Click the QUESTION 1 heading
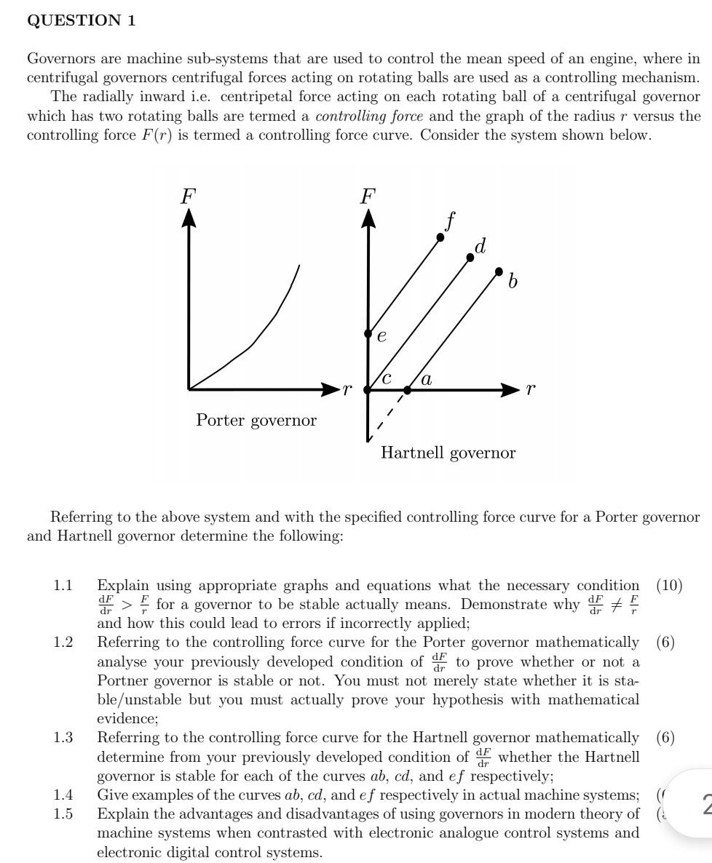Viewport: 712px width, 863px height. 81,20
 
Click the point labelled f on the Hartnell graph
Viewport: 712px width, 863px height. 440,237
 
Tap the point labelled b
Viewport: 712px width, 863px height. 499,271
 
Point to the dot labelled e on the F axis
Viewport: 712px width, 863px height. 368,333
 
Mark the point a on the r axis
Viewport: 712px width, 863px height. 408,390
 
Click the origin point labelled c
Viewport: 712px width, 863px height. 368,390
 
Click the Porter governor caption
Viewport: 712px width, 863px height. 256,421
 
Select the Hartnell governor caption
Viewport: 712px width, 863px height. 448,453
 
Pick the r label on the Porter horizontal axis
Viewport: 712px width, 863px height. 347,389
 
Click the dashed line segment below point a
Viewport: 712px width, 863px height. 387,416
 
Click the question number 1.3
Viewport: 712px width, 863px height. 63,738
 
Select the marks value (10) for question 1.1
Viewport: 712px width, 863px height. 669,585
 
